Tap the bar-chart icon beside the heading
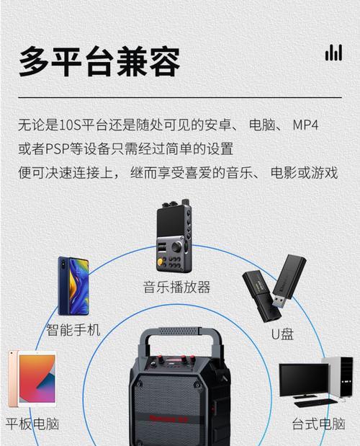(333, 52)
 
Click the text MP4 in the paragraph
(305, 125)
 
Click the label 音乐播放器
(176, 287)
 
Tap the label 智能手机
(73, 330)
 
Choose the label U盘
(282, 334)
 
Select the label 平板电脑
(32, 424)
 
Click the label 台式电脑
(318, 424)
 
